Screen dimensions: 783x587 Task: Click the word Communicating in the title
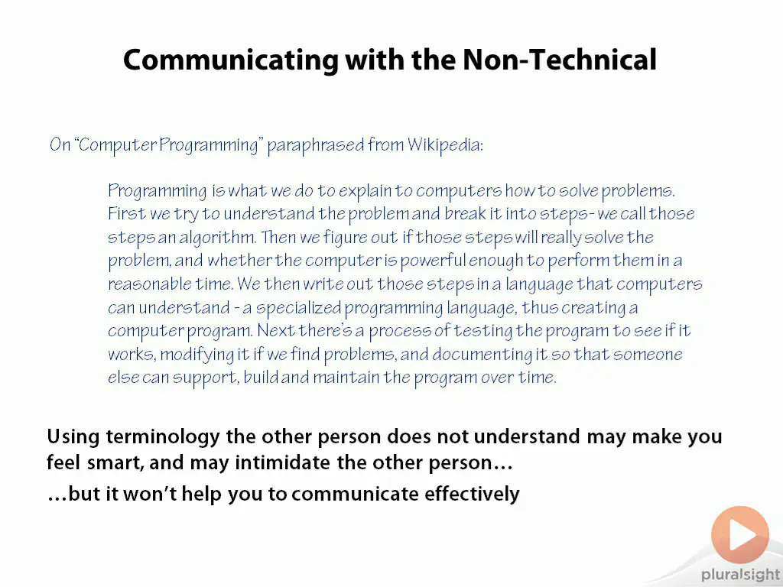click(231, 60)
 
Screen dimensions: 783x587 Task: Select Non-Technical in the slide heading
click(559, 60)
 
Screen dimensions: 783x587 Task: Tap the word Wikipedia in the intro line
click(445, 145)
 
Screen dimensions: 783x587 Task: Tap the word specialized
click(299, 308)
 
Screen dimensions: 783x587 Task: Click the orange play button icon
click(740, 534)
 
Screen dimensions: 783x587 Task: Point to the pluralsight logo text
click(741, 575)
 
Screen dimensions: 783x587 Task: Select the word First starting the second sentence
click(127, 214)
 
